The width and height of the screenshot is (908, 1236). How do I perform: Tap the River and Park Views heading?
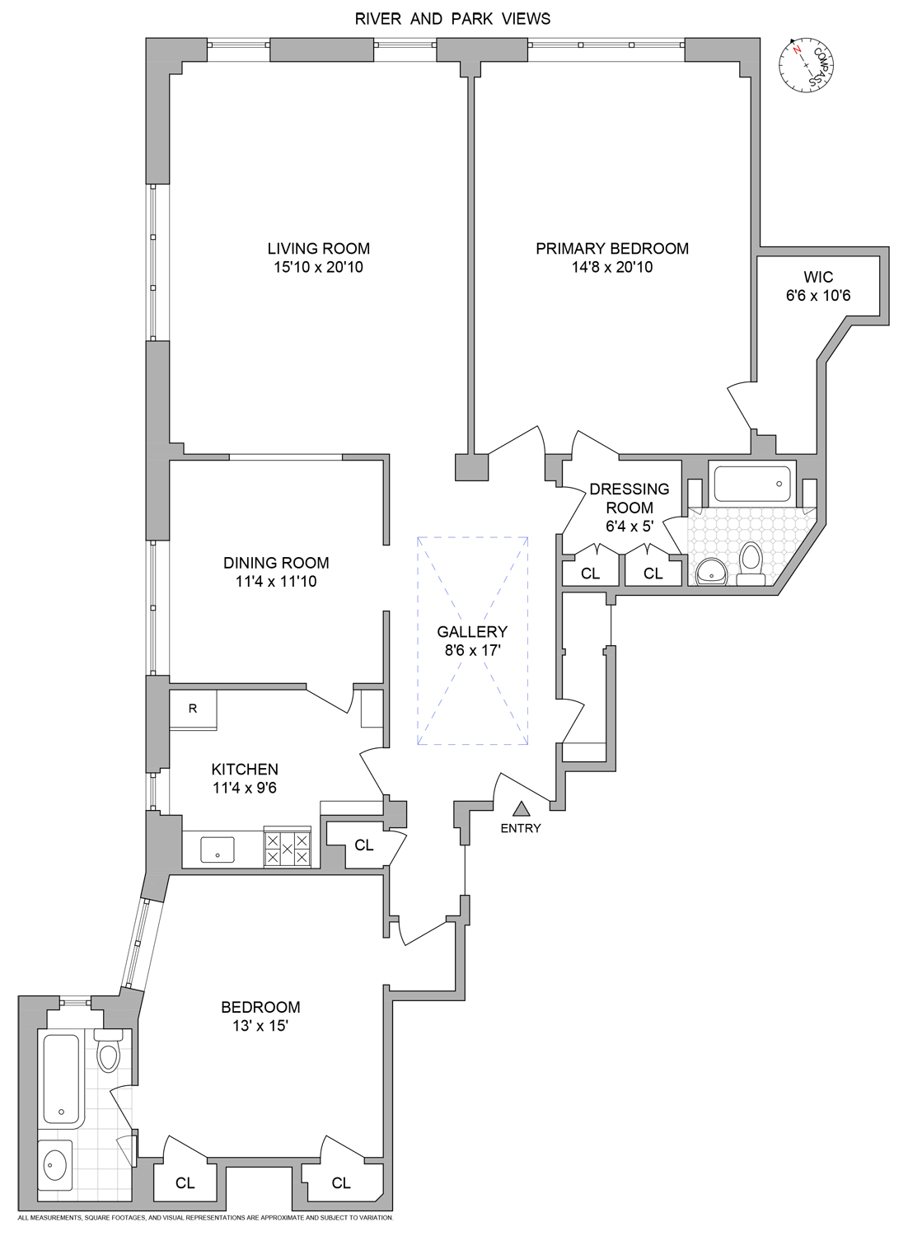click(x=452, y=18)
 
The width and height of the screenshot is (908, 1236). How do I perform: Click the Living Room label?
click(x=318, y=248)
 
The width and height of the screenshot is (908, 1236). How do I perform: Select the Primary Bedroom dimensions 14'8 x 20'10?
click(x=611, y=267)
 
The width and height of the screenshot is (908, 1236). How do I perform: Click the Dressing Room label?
click(x=630, y=499)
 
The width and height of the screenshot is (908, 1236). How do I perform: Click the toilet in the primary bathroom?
click(x=751, y=562)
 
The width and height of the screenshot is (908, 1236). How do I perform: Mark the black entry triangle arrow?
click(x=521, y=809)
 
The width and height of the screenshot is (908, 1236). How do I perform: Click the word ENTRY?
click(x=521, y=828)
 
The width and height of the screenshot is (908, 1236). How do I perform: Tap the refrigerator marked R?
click(x=193, y=709)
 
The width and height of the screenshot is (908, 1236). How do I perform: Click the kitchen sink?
click(x=217, y=850)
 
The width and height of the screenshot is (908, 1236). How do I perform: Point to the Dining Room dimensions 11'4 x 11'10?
click(x=276, y=582)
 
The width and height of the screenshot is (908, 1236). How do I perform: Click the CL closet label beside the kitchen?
click(x=363, y=845)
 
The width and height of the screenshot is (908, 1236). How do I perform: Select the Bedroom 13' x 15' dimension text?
click(x=260, y=1027)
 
